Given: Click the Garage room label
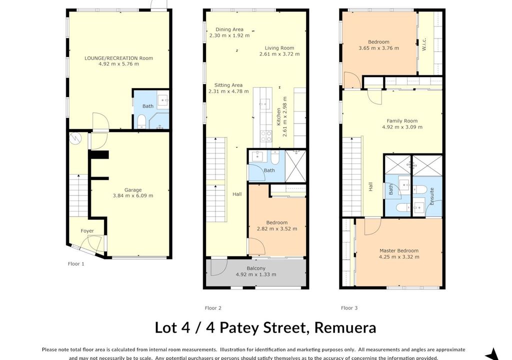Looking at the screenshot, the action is pyautogui.click(x=133, y=190).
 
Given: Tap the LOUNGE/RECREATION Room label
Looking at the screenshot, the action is pyautogui.click(x=118, y=58).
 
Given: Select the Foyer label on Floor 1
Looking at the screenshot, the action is pyautogui.click(x=87, y=230).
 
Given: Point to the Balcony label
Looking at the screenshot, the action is pyautogui.click(x=256, y=268).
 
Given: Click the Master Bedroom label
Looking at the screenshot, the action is pyautogui.click(x=398, y=250).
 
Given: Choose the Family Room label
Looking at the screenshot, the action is pyautogui.click(x=402, y=121).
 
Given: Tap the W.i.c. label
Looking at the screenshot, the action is pyautogui.click(x=424, y=44).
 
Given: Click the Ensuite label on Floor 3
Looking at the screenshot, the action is pyautogui.click(x=431, y=196).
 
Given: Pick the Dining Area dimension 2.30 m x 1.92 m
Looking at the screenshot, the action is pyautogui.click(x=229, y=35).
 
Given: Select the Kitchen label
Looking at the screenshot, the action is pyautogui.click(x=278, y=117).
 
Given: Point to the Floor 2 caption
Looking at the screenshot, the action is pyautogui.click(x=213, y=307).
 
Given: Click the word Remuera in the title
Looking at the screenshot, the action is pyautogui.click(x=345, y=327).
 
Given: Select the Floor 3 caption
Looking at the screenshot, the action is pyautogui.click(x=349, y=307).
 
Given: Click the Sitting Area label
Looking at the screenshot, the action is pyautogui.click(x=228, y=85).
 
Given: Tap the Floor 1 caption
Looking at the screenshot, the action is pyautogui.click(x=76, y=263).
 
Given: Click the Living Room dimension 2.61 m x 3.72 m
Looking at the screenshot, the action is pyautogui.click(x=279, y=54).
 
